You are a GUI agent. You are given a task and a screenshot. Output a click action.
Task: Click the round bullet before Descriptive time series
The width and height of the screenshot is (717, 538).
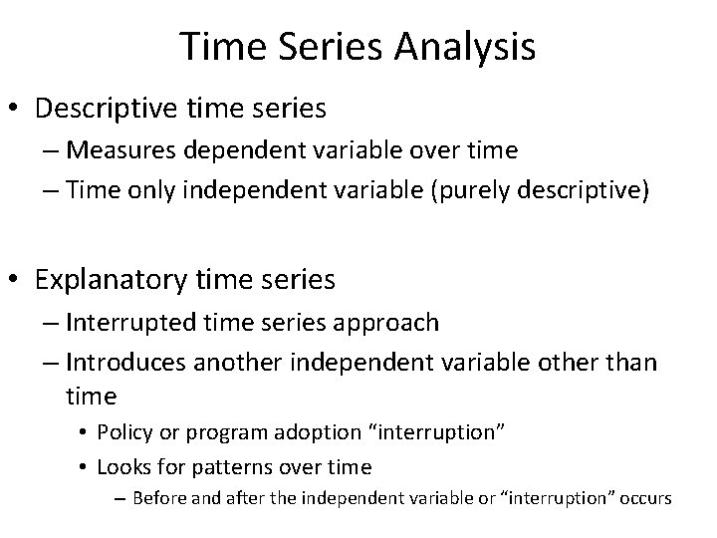pos(18,109)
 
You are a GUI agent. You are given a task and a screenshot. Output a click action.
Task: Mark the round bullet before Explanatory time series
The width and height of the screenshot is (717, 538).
pos(18,281)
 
